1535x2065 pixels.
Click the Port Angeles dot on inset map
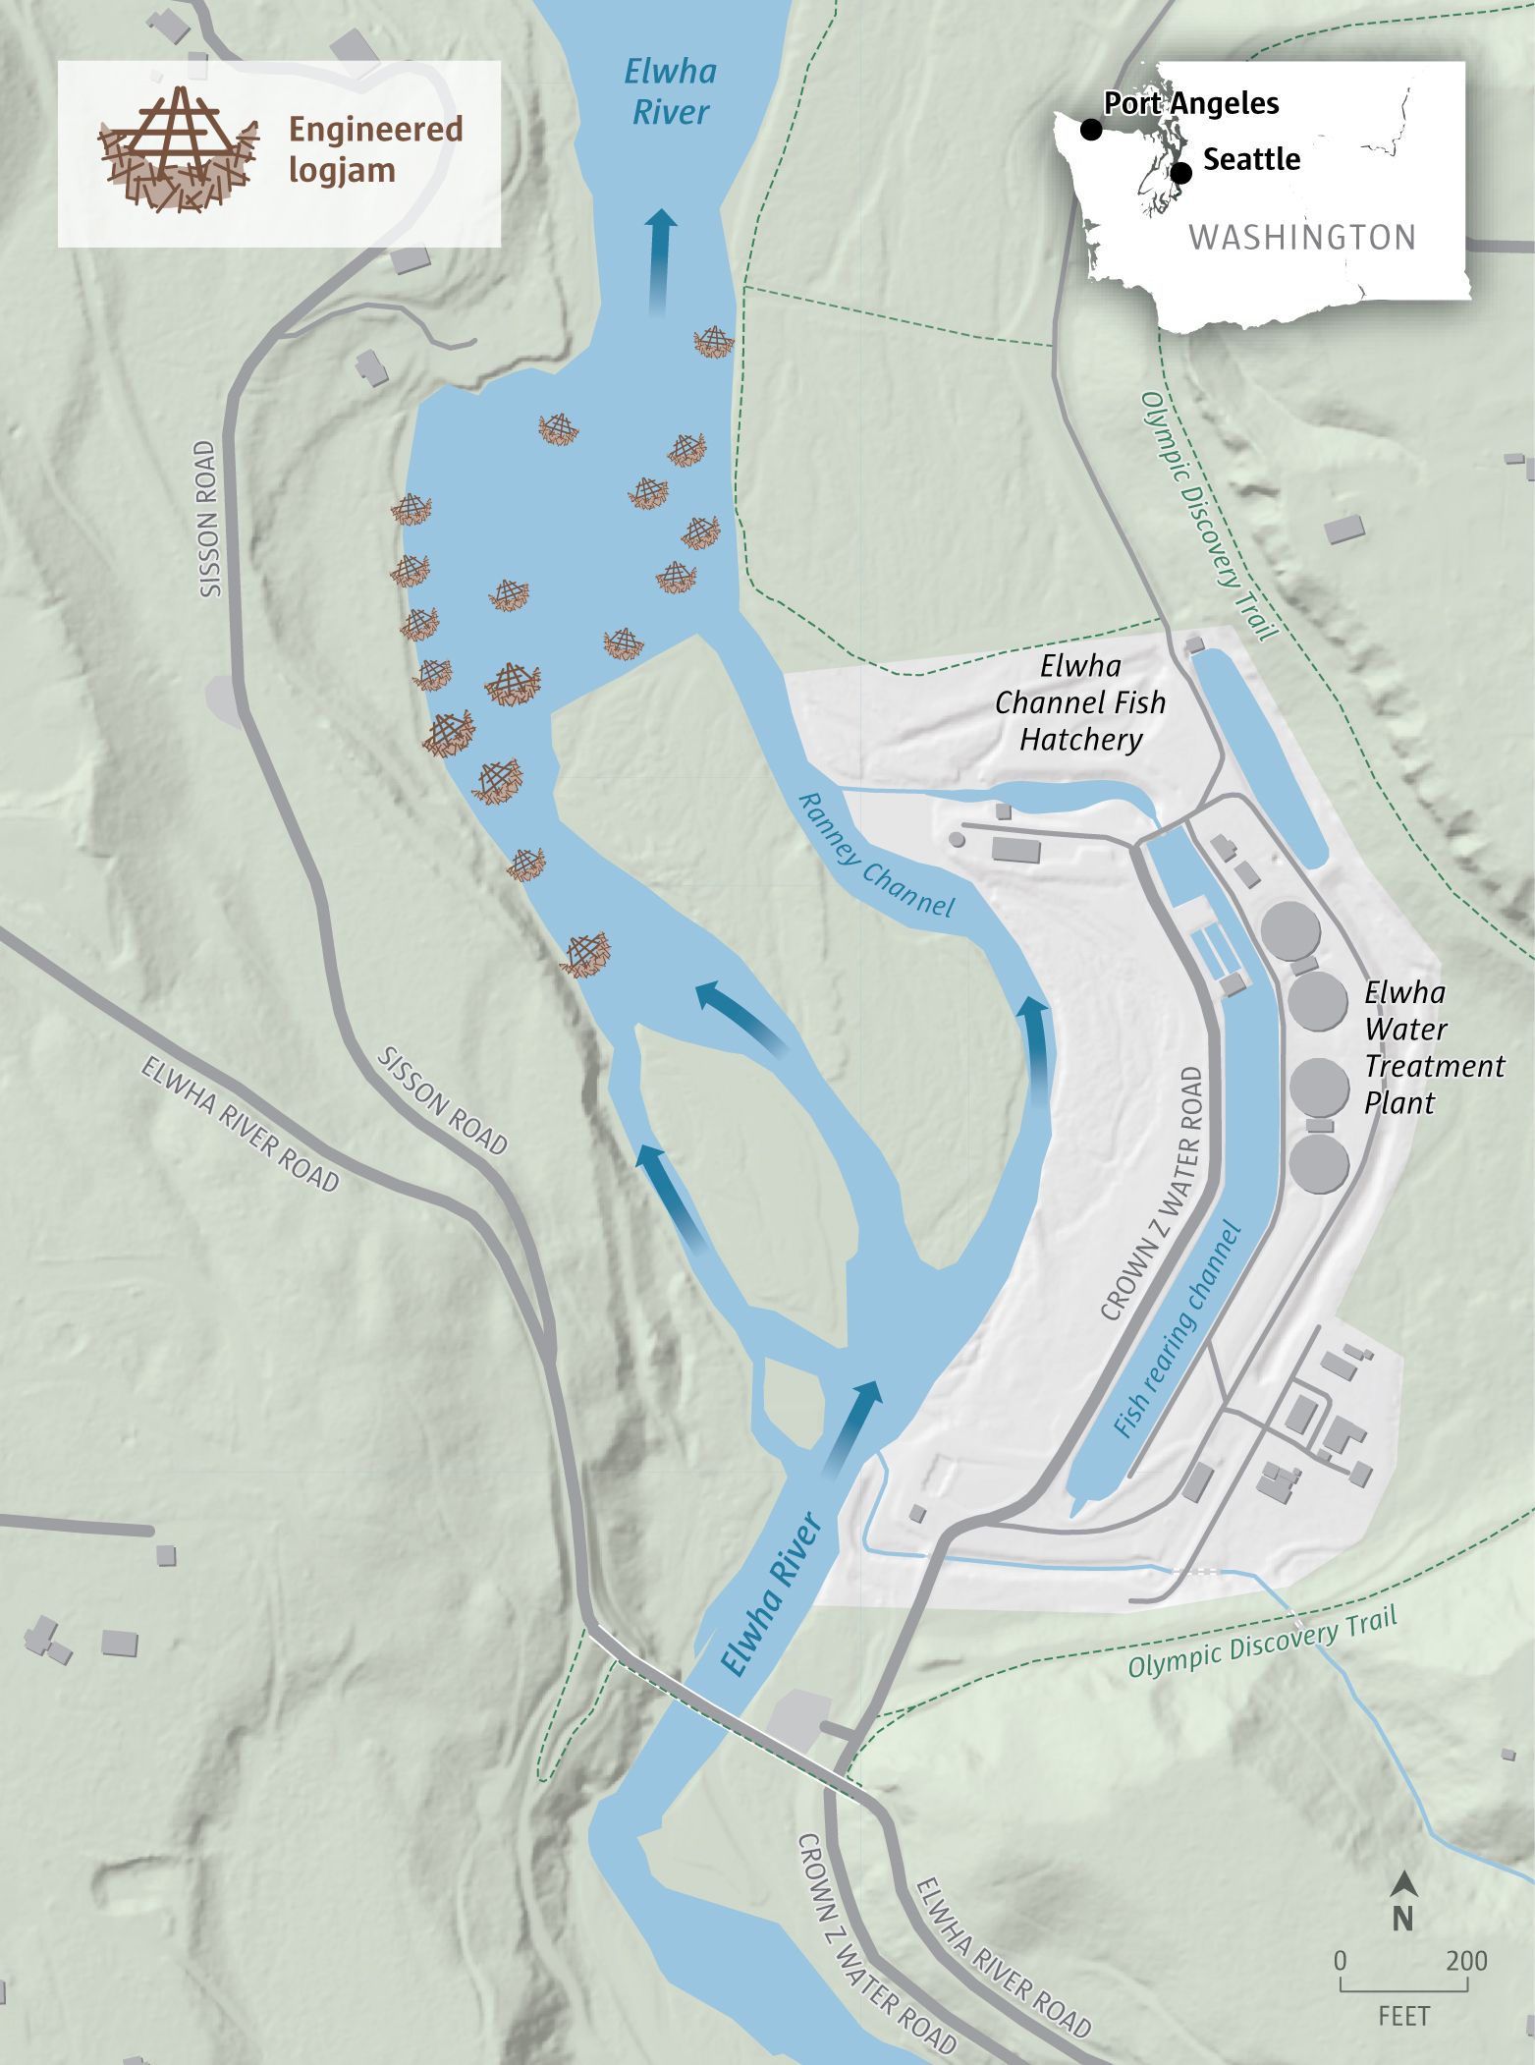click(1090, 129)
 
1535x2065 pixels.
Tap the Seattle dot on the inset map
click(1181, 173)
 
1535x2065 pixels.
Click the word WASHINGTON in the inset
click(1302, 237)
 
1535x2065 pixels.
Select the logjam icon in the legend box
click(179, 149)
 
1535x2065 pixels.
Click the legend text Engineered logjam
click(374, 149)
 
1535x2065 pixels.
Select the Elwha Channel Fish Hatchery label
click(1080, 702)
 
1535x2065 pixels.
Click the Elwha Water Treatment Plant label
click(1432, 1047)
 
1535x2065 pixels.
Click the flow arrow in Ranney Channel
click(1034, 1047)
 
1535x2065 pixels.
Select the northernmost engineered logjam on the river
click(714, 343)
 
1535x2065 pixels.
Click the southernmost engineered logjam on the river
click(586, 954)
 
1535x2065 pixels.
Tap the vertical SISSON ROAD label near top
click(206, 519)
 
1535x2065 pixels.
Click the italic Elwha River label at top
click(671, 91)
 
